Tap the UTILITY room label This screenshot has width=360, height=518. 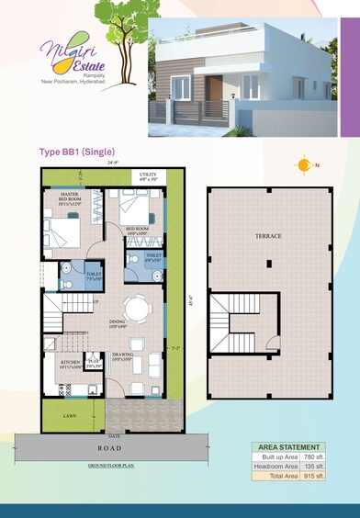(x=148, y=175)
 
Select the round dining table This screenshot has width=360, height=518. (x=138, y=310)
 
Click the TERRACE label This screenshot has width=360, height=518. (x=269, y=236)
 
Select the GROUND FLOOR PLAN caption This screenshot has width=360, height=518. (x=112, y=467)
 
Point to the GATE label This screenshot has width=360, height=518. (x=114, y=434)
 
